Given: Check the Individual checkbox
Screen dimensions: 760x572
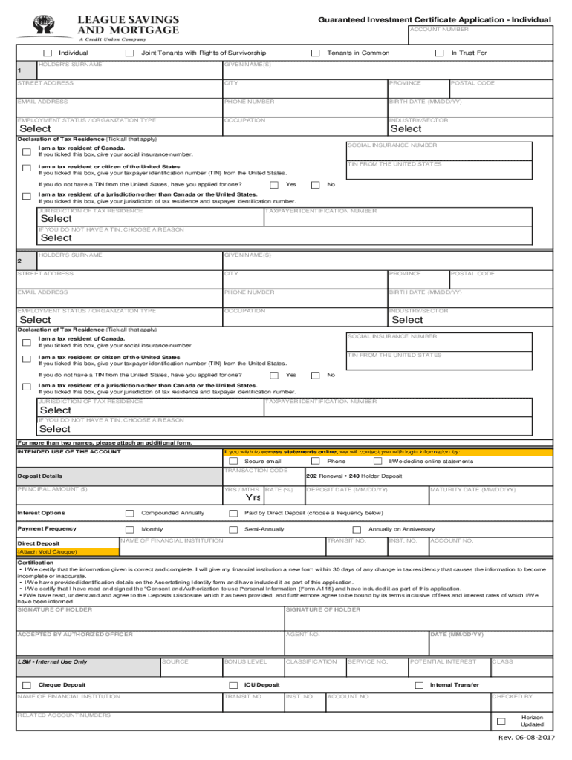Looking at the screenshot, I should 48,53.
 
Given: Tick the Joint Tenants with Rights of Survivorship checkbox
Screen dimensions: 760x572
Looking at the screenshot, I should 130,53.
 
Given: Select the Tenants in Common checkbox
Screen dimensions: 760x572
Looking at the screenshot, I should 316,53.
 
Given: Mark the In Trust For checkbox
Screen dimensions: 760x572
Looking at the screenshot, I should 440,53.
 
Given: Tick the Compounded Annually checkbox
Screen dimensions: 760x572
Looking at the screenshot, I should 130,513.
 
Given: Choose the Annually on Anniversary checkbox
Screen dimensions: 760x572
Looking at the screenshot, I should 357,529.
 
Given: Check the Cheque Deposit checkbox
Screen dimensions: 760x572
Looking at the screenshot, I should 27,685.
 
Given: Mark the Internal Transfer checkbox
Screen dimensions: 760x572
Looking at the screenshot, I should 419,685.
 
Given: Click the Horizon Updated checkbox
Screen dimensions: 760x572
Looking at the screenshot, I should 501,721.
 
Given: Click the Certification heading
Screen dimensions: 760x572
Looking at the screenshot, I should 35,563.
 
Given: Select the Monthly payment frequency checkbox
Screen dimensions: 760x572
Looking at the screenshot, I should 130,529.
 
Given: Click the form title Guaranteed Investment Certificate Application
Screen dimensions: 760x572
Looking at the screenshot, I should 434,19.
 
